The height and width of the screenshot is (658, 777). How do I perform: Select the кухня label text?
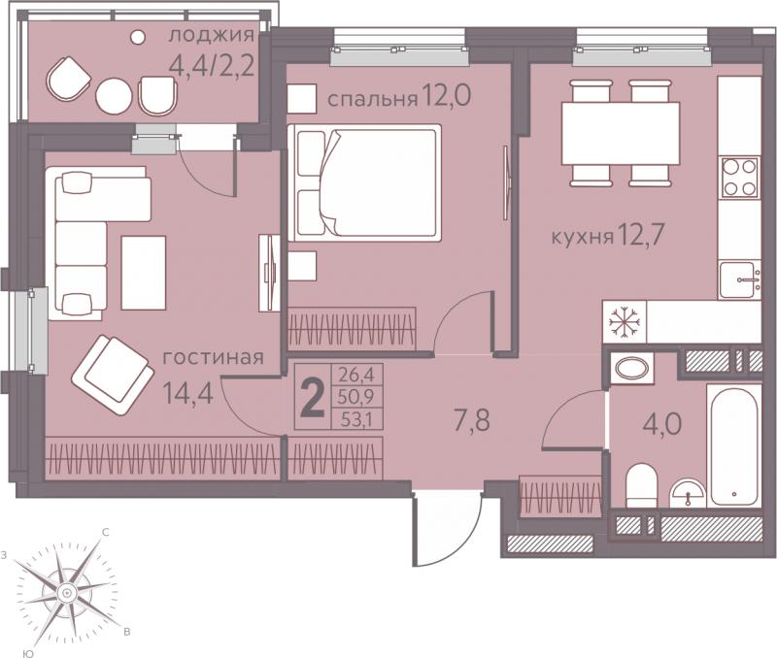(582, 238)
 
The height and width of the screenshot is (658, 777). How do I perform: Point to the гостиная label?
(213, 357)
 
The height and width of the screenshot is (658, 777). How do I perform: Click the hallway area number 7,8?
(472, 421)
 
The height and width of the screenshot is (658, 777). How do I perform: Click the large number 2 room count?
(313, 398)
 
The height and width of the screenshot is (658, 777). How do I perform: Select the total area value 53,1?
(355, 421)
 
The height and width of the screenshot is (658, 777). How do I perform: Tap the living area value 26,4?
(355, 375)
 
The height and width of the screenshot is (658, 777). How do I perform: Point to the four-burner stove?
(739, 178)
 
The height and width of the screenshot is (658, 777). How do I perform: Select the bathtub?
(734, 445)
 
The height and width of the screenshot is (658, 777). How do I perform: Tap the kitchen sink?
(740, 280)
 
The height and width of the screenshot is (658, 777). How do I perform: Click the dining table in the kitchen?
(620, 133)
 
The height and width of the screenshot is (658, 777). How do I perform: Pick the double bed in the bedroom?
(365, 182)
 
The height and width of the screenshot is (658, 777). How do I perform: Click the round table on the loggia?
(115, 96)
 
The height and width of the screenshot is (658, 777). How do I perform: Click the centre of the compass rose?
(66, 593)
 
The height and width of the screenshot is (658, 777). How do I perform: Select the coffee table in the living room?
(143, 273)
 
